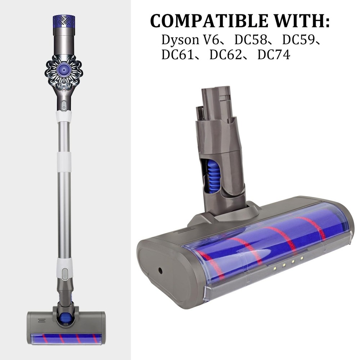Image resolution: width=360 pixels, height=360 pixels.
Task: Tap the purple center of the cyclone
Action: click(63, 67)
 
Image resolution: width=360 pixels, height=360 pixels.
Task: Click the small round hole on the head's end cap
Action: click(158, 269)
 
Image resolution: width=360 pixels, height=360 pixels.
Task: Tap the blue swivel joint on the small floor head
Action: click(66, 317)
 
